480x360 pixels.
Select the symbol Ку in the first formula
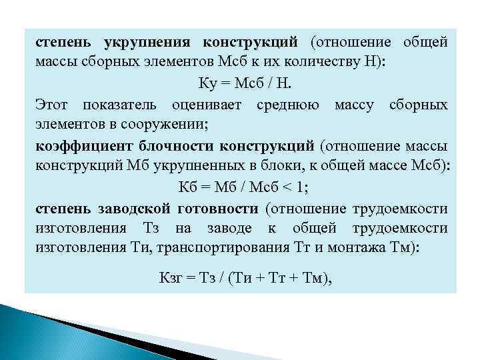point(207,84)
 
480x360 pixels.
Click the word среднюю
point(287,105)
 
